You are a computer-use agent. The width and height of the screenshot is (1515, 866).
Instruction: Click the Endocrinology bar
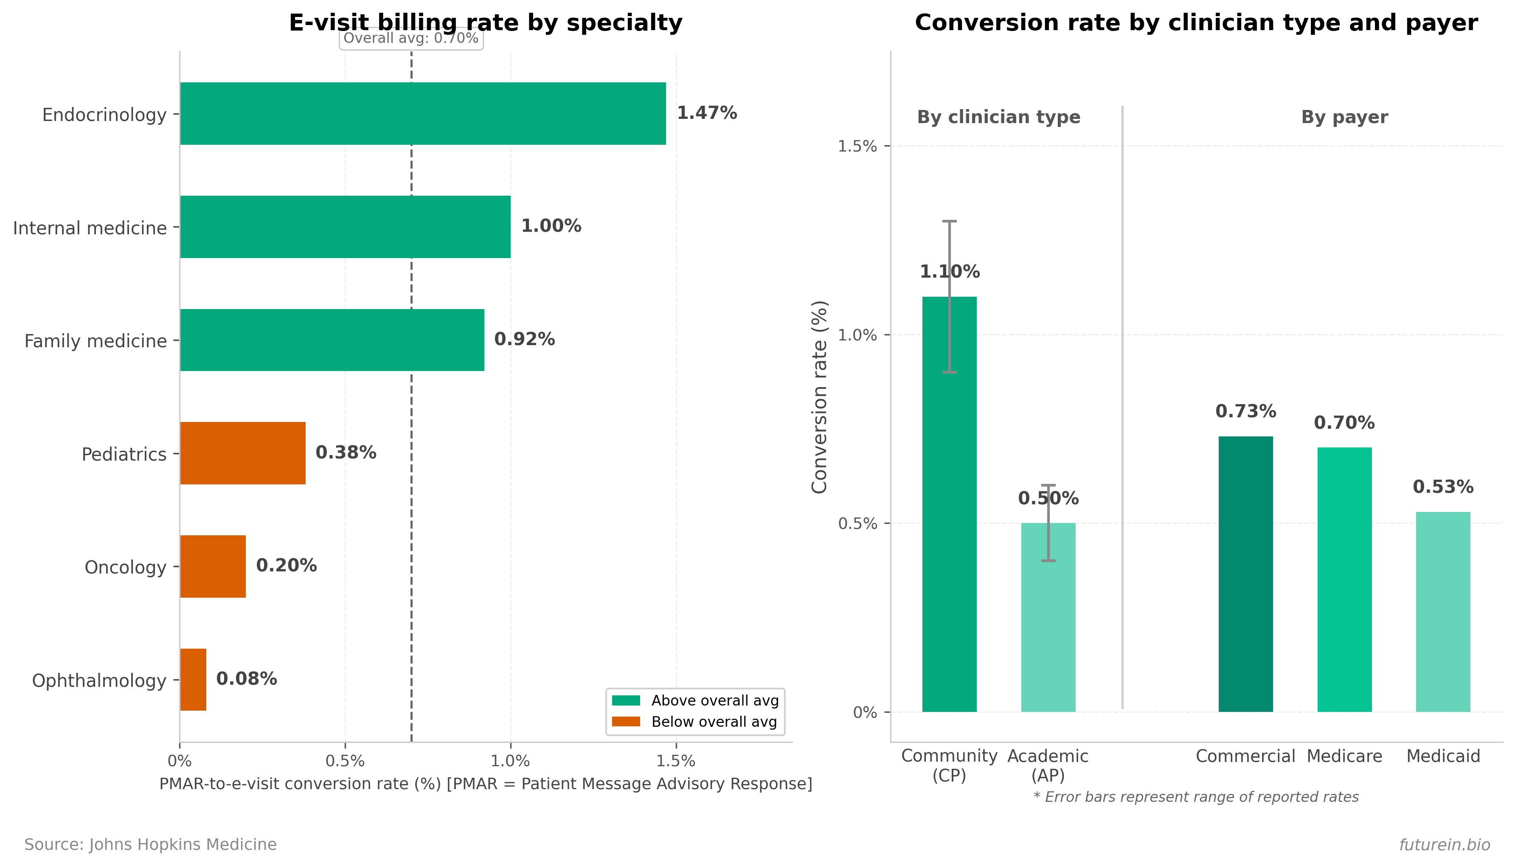pos(423,114)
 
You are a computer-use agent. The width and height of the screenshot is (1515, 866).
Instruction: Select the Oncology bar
pos(213,566)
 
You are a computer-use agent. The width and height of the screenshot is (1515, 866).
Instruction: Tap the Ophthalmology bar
pos(193,679)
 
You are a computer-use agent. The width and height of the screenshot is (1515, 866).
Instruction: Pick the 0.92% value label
pos(524,339)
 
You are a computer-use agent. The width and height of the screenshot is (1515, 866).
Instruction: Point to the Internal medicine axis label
pos(90,228)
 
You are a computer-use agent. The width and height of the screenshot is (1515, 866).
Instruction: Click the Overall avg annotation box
pos(411,39)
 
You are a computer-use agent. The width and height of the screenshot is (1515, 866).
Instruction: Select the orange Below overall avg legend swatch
pos(626,722)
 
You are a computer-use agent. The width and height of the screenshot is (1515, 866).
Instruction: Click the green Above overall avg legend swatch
pos(626,700)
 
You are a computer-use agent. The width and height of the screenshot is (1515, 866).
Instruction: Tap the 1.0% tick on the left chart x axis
pos(510,761)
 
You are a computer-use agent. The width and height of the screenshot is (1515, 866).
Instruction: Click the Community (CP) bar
pos(949,504)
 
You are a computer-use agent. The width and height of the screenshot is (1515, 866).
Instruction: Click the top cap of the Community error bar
pos(949,221)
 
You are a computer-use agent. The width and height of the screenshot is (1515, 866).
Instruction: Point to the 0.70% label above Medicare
pos(1344,423)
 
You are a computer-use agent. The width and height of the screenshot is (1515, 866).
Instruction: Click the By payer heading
pos(1344,117)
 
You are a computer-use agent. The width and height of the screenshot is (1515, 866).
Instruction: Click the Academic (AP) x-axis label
pos(1048,765)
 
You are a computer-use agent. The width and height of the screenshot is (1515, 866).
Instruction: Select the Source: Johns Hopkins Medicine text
pos(150,845)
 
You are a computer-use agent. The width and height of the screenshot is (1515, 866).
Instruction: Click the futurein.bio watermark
pos(1444,845)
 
